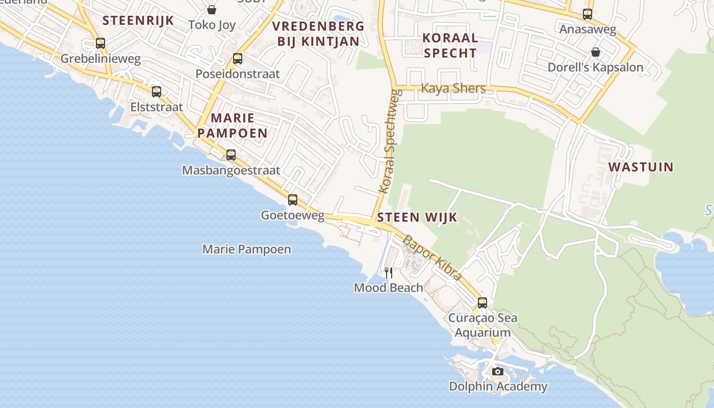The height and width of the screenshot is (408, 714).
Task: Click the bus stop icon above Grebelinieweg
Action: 100,43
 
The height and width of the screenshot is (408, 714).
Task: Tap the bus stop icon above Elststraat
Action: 157,92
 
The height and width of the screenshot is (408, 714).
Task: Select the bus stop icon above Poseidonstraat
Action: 238,59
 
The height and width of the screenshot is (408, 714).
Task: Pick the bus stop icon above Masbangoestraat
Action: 231,155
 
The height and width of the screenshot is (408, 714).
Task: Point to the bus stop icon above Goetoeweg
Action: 293,200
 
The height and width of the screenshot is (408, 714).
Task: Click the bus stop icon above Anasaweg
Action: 588,14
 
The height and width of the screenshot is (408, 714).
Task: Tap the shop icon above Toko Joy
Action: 212,10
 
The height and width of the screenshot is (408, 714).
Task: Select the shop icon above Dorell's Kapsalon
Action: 595,52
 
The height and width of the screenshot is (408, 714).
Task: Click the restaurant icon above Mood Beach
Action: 389,273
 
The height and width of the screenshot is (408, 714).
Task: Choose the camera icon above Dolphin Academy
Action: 498,371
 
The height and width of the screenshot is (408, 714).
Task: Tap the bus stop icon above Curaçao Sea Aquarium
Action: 482,303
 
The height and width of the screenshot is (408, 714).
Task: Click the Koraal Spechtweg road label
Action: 389,142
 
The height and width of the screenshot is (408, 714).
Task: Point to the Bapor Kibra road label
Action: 432,258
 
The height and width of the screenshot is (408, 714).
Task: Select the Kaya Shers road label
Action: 453,88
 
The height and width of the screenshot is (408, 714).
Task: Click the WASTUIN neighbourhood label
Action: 641,167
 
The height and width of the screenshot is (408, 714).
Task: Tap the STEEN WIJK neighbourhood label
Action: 417,218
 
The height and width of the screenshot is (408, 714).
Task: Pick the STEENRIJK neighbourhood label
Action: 138,20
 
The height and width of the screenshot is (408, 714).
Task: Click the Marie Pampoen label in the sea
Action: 247,249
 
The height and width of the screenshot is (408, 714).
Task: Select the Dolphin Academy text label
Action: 498,387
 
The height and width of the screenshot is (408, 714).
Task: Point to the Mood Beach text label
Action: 389,288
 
